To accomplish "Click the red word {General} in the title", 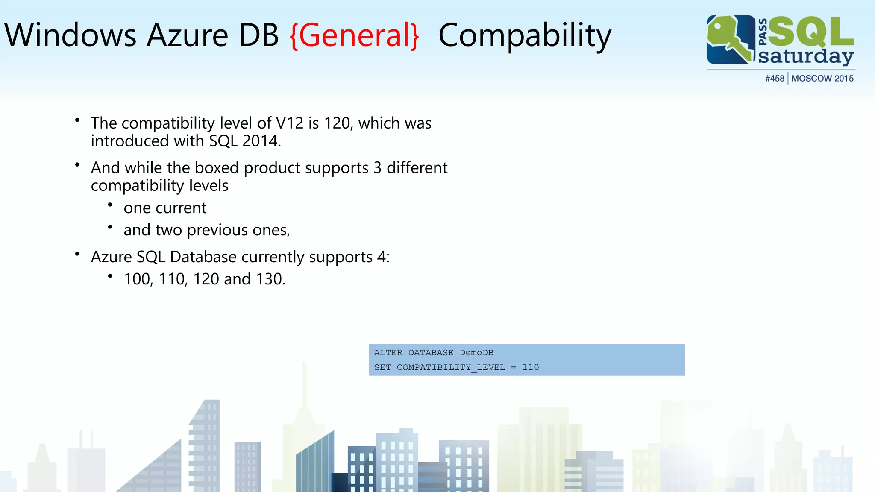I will tap(354, 35).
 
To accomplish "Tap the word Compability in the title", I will tap(525, 35).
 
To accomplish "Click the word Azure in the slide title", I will tap(187, 35).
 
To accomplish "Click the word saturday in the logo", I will tap(806, 56).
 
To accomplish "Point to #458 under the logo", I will tap(775, 79).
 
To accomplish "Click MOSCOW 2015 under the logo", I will tap(822, 79).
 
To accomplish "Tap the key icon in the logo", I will tap(730, 39).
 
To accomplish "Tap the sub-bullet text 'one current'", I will tap(165, 208).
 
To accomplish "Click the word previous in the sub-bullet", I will tap(217, 230).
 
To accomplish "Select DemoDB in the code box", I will tap(476, 353).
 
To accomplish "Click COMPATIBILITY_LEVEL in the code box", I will tap(451, 367).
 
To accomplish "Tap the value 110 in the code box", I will tap(530, 367).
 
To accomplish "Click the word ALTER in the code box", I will tap(388, 353).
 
